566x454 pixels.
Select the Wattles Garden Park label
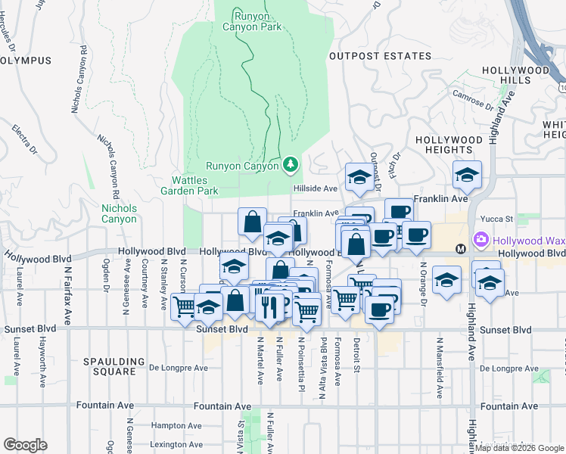[x=194, y=185]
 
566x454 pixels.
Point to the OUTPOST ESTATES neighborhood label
[x=380, y=56]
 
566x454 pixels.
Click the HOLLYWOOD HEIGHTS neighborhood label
[x=449, y=145]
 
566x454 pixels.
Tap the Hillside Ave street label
[x=315, y=188]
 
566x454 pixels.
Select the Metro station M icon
[x=459, y=248]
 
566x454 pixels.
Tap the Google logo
[x=25, y=445]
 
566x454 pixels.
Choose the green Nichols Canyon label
[x=120, y=213]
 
